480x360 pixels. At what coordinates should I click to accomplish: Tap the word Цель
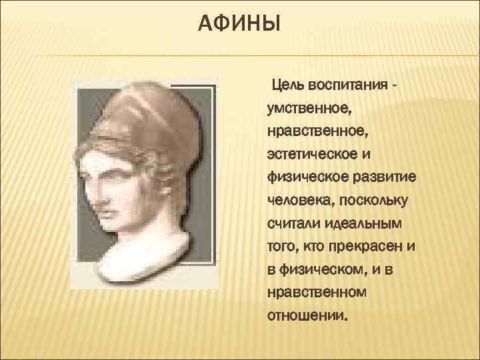285,87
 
